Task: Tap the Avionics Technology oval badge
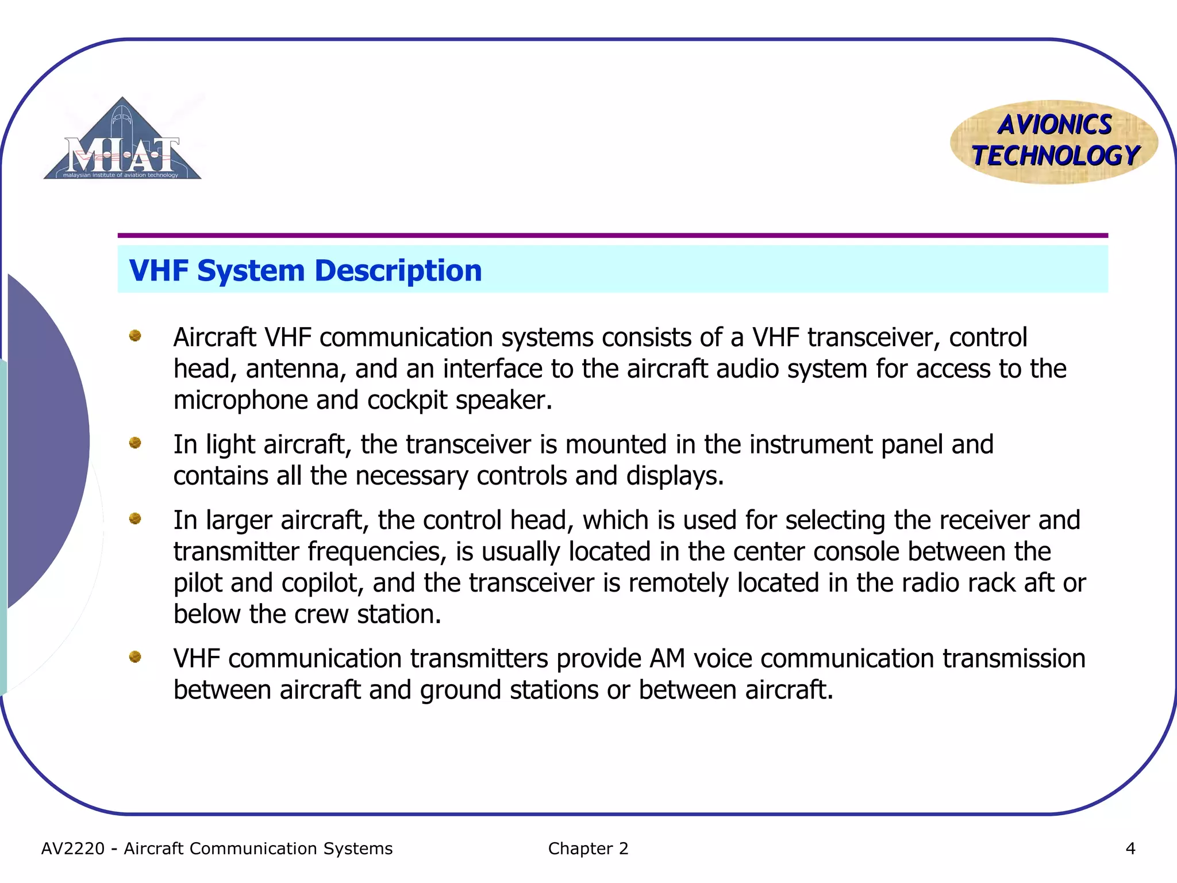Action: [1054, 142]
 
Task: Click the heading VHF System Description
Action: [305, 271]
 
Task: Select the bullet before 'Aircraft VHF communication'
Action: [135, 336]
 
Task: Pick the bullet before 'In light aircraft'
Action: [135, 443]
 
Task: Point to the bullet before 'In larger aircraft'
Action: [135, 519]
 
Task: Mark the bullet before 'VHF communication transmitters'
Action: [135, 657]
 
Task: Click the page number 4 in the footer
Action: [1130, 849]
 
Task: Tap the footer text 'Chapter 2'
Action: [588, 849]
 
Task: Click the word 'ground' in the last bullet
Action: [461, 690]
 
